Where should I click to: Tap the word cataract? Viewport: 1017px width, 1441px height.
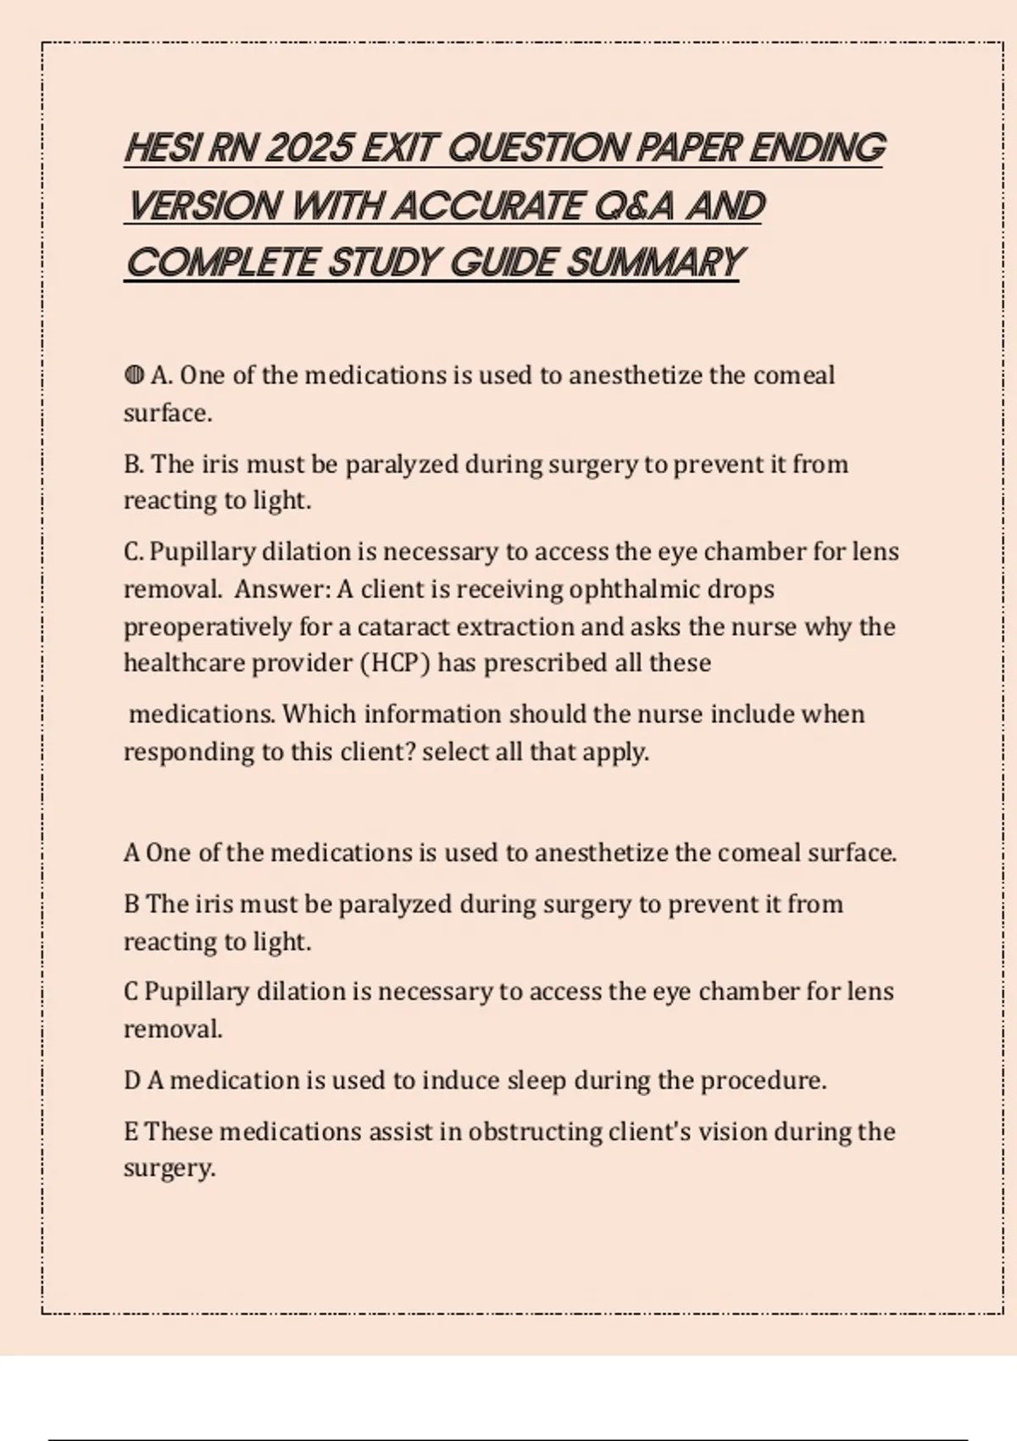click(403, 627)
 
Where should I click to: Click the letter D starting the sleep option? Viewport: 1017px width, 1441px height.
click(131, 1081)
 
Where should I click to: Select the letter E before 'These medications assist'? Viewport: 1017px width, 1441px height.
click(131, 1132)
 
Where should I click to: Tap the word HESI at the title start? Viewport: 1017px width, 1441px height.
click(163, 148)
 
